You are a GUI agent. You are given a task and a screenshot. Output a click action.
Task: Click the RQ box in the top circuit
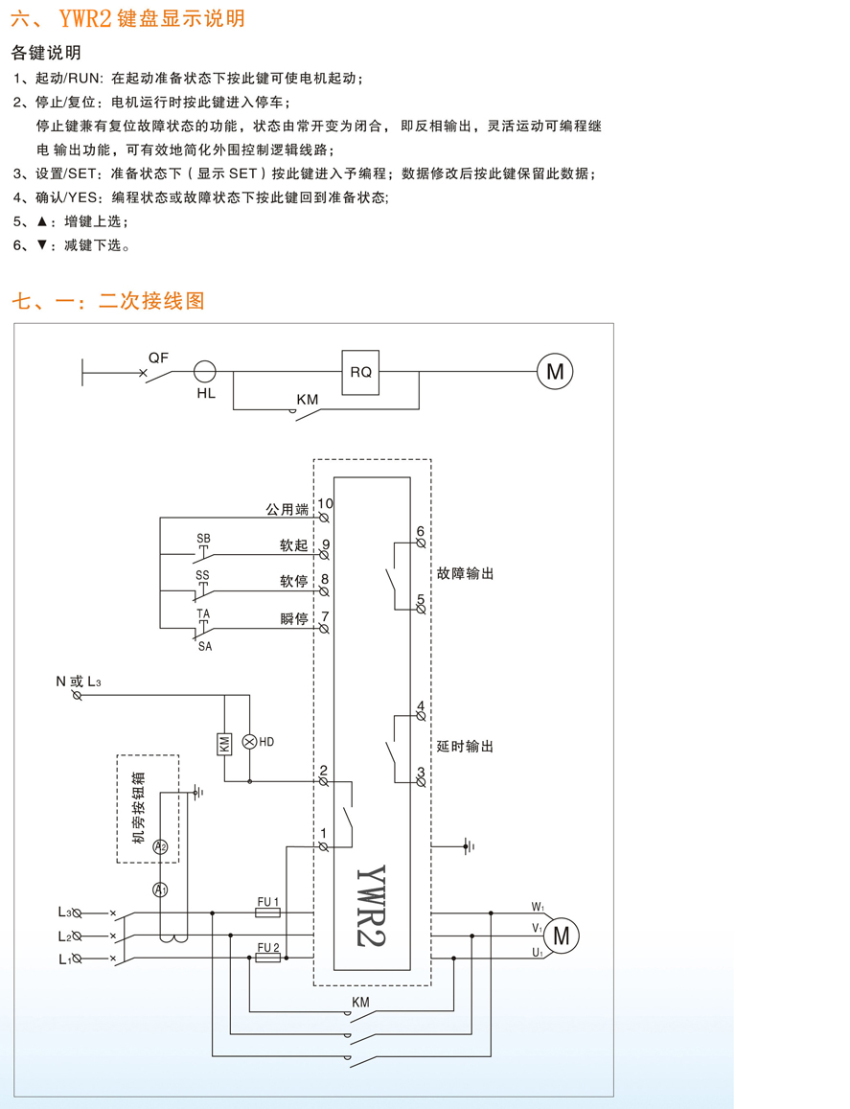tap(360, 372)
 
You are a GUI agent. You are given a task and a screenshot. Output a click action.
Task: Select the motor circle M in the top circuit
tap(555, 371)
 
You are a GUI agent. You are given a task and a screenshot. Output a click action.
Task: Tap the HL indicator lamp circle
tap(205, 372)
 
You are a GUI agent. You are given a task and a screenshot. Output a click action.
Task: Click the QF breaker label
tap(158, 357)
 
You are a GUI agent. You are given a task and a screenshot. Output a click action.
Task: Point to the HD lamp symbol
tap(249, 742)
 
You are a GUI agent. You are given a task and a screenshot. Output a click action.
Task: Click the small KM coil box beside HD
tap(224, 742)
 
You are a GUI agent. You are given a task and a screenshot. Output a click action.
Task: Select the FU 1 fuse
tap(268, 913)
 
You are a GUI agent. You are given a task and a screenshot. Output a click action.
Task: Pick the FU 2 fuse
tap(268, 958)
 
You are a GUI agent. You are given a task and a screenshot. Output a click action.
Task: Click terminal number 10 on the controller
tap(326, 503)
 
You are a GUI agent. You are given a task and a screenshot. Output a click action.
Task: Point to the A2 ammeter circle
tap(161, 846)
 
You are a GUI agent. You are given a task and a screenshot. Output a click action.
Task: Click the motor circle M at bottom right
tap(562, 936)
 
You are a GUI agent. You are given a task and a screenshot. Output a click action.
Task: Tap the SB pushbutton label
tap(203, 539)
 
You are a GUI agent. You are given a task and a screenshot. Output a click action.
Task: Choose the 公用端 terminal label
tap(287, 509)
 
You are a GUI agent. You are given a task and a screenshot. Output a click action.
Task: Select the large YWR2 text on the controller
tap(376, 905)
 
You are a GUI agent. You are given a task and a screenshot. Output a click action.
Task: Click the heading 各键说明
tap(46, 53)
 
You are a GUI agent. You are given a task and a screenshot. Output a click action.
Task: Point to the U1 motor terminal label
tap(538, 953)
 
